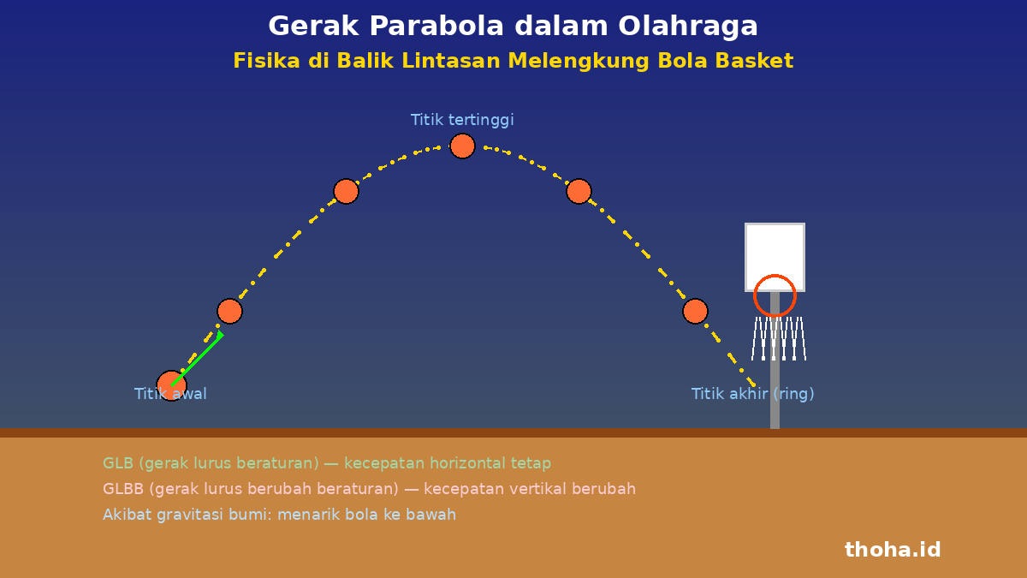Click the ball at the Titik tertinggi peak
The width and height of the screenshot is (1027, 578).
[x=462, y=146]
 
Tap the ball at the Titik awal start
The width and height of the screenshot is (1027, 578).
[x=171, y=386]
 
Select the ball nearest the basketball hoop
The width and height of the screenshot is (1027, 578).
[x=695, y=312]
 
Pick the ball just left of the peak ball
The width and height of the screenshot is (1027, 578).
[x=346, y=191]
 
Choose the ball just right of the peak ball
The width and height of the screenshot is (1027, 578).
[x=579, y=191]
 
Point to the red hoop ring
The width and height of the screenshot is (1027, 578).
[x=775, y=275]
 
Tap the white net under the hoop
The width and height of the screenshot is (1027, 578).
[x=779, y=338]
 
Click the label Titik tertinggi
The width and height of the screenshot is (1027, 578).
[x=462, y=120]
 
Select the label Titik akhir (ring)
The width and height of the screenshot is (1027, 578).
[x=752, y=394]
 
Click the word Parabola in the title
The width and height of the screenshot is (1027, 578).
[x=436, y=26]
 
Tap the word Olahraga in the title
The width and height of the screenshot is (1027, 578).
[x=688, y=27]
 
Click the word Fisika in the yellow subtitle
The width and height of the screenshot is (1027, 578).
[x=266, y=61]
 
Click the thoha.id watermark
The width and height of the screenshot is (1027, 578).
[x=893, y=550]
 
